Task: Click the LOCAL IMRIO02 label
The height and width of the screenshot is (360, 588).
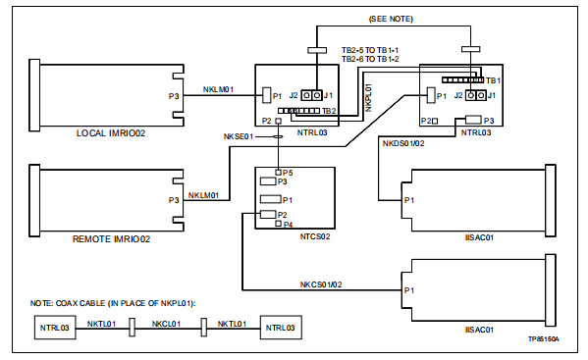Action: [111, 133]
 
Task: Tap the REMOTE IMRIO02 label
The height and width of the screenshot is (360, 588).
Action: [111, 239]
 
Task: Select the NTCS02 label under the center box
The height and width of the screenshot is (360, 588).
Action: [315, 236]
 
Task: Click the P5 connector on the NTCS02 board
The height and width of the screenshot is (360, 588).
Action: [278, 173]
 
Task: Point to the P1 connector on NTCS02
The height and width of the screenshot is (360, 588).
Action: [271, 199]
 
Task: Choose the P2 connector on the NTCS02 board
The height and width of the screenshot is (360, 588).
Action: [268, 214]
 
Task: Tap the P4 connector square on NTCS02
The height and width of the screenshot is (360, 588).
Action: [278, 224]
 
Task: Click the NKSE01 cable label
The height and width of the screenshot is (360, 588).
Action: [239, 136]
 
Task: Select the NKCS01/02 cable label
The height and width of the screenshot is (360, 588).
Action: [321, 284]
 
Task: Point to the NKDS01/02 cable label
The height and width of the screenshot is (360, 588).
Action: [403, 143]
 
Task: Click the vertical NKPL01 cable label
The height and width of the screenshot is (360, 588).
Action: [368, 97]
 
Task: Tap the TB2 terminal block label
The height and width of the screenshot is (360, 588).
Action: [329, 111]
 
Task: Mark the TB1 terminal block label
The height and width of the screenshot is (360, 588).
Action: [493, 80]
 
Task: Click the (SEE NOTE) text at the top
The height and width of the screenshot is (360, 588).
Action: [391, 19]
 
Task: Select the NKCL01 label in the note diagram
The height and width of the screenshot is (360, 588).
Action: [166, 324]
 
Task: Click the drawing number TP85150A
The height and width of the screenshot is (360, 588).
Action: [544, 339]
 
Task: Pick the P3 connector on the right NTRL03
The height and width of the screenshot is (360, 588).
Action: [473, 120]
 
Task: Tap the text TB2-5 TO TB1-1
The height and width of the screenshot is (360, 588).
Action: [370, 50]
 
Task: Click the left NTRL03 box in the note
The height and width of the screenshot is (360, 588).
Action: [55, 328]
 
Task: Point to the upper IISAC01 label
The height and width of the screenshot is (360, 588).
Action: [479, 237]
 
